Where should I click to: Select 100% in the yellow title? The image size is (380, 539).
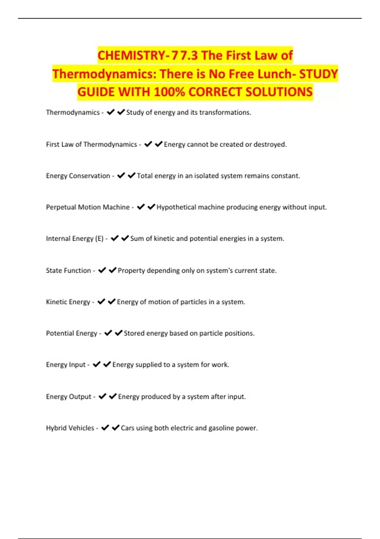click(169, 92)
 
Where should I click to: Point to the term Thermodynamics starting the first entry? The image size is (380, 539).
click(73, 113)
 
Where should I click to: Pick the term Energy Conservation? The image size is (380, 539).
click(78, 176)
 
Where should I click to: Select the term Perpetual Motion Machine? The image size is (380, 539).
click(88, 207)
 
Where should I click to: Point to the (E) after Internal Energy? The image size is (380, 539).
click(99, 239)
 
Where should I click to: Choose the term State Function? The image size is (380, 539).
click(68, 270)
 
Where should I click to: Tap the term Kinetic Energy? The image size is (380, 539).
click(68, 302)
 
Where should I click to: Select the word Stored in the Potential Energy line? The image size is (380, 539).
click(134, 333)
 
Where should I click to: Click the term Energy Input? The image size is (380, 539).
click(66, 365)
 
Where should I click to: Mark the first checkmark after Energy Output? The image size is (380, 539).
click(102, 396)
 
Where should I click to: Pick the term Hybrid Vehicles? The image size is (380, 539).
click(70, 428)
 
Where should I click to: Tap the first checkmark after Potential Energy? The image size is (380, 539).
click(108, 333)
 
